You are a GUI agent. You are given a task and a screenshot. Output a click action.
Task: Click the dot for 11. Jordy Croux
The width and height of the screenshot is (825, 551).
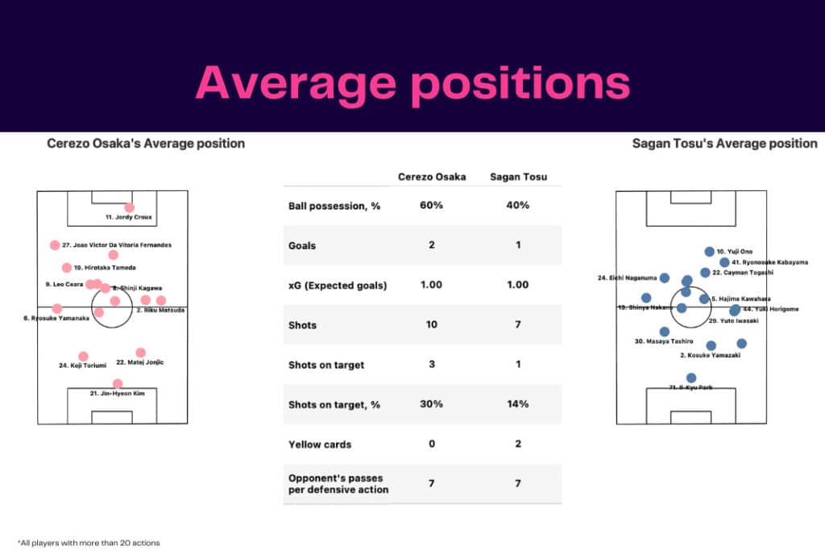coord(130,207)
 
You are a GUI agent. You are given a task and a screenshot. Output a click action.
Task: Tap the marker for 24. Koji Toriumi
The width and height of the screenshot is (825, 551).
coord(83,356)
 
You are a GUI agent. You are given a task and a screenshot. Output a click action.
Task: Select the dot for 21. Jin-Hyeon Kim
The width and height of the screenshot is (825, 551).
coord(118,384)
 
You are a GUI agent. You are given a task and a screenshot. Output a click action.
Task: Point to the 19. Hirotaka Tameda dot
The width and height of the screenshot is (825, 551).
coord(67,268)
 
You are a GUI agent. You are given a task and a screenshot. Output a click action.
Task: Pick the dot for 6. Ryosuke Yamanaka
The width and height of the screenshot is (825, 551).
coord(57,308)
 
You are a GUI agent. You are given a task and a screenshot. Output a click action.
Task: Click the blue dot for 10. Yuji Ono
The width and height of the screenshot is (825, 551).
coord(709,252)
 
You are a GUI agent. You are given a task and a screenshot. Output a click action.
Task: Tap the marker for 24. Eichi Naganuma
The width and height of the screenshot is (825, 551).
coord(665,278)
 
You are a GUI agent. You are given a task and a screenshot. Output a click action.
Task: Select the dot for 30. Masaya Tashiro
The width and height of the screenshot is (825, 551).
coord(664,331)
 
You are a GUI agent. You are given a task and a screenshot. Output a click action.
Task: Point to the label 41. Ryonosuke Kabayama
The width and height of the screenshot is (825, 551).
coord(769,262)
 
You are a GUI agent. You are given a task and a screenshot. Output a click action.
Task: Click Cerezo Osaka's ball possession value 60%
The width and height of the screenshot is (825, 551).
coord(431,206)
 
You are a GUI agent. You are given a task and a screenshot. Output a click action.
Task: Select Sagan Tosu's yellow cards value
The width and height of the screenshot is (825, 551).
coord(517,444)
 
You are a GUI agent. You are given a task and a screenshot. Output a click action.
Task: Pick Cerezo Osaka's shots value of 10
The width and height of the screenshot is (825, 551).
coord(431,325)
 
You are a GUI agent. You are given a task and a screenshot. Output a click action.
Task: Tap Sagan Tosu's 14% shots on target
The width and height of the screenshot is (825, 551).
coord(517,404)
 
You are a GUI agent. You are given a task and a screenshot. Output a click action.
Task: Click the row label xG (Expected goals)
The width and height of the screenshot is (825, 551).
coord(337,285)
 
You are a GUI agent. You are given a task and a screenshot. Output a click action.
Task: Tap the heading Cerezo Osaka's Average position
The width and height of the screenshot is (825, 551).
coord(146,144)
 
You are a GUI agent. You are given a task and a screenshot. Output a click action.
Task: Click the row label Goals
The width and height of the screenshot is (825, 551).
coord(303,245)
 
